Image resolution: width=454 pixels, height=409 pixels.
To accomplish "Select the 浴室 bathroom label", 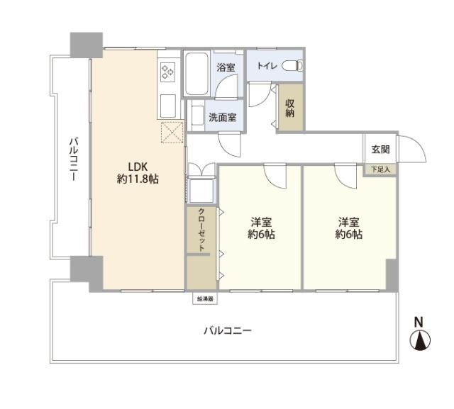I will click(x=226, y=68).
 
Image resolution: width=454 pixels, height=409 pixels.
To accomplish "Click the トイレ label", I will click(x=267, y=66).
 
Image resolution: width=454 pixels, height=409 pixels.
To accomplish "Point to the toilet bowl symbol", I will click(x=292, y=66).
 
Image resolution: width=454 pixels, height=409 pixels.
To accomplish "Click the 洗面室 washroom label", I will click(x=222, y=117).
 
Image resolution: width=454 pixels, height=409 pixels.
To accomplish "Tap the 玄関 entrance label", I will click(x=380, y=150).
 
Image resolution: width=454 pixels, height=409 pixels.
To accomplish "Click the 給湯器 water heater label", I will click(x=205, y=299).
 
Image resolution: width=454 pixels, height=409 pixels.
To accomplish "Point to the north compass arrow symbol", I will click(x=420, y=341).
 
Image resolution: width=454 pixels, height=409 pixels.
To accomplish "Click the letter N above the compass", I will click(x=419, y=321).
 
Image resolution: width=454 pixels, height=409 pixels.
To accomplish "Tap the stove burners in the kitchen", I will click(x=169, y=71).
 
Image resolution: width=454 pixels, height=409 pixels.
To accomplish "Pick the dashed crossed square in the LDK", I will click(x=172, y=133).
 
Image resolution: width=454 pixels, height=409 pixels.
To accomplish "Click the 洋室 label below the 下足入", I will click(x=349, y=221).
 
